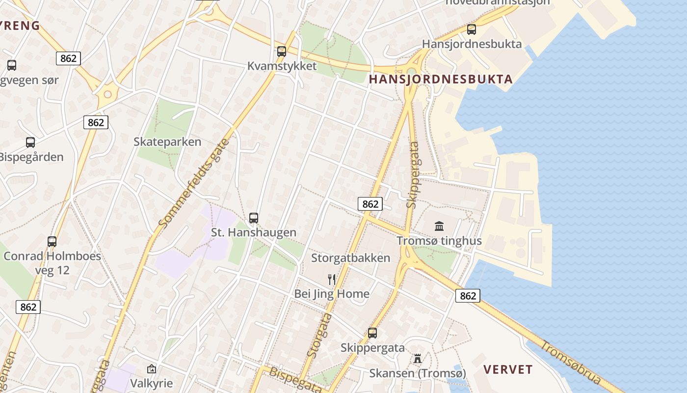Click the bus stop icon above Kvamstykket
(282, 51)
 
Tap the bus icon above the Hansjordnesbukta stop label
(472, 29)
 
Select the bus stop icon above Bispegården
(30, 142)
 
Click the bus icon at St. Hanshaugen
(254, 218)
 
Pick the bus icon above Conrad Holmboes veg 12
(52, 241)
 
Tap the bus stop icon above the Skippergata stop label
(372, 333)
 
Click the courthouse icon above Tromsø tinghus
(439, 226)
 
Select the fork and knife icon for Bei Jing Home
(332, 280)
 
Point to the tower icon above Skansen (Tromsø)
(418, 358)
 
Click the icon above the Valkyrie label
(152, 368)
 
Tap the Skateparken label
(167, 142)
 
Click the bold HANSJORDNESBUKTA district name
(440, 79)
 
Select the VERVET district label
(508, 369)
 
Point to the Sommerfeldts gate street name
(194, 184)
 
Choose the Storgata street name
(319, 336)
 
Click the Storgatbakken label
(350, 258)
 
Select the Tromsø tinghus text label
(439, 241)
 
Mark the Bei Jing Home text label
(332, 294)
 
